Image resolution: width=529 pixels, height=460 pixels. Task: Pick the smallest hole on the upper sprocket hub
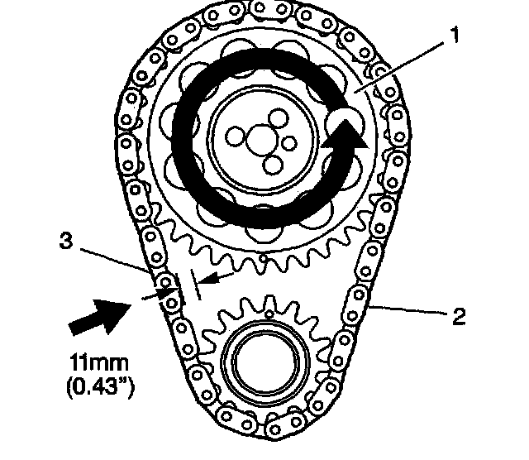[289, 143]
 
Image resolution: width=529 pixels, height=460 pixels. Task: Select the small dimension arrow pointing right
[165, 291]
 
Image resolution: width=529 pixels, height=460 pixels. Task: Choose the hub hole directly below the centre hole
[271, 165]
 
